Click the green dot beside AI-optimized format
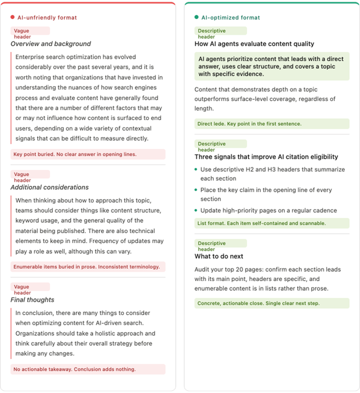(x=197, y=18)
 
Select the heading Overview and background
(x=51, y=44)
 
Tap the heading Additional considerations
(x=50, y=187)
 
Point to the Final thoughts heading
(x=32, y=300)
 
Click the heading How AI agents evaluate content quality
(x=254, y=44)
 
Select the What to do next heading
(x=219, y=256)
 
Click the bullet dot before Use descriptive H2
(x=196, y=170)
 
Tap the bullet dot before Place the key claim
(x=196, y=190)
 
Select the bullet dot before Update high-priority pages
(x=196, y=210)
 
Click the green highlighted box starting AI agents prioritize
(x=272, y=66)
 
